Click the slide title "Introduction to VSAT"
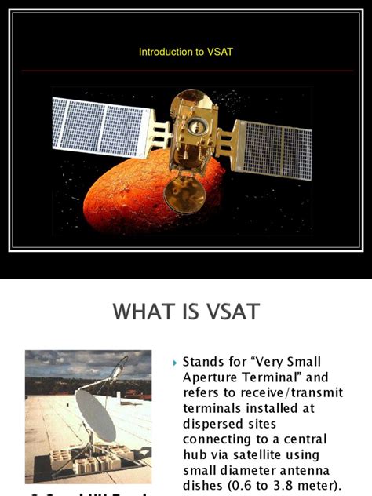(186, 52)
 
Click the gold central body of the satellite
(193, 129)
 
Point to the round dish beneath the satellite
(185, 194)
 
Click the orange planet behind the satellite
(133, 196)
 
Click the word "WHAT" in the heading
(145, 312)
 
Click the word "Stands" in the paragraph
(203, 363)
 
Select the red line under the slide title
(186, 71)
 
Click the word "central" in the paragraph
(301, 439)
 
